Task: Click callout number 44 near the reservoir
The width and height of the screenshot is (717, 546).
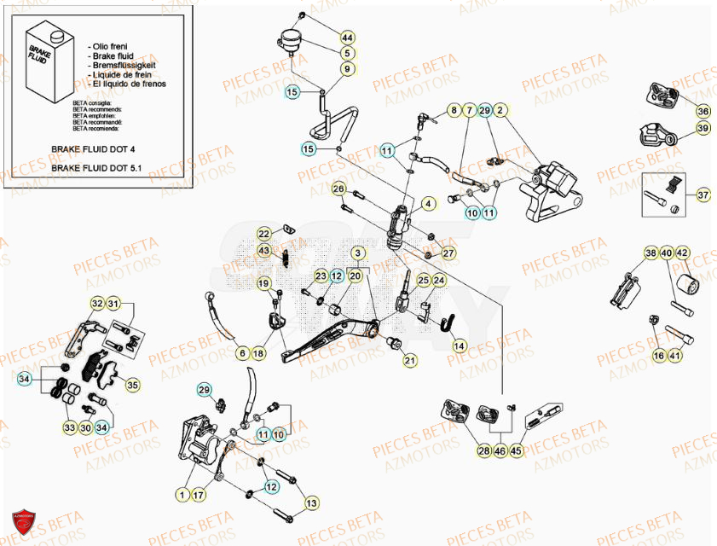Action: click(347, 38)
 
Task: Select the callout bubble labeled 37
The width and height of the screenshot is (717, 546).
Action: click(703, 195)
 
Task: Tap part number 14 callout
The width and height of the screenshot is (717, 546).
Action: click(460, 346)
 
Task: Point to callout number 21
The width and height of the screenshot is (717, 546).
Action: click(410, 361)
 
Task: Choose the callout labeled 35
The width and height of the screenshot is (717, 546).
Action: click(132, 386)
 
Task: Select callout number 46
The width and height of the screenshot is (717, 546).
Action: click(500, 451)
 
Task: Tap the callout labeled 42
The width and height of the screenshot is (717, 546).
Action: click(683, 253)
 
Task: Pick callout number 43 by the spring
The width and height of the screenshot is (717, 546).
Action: click(264, 250)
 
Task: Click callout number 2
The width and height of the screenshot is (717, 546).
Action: click(500, 110)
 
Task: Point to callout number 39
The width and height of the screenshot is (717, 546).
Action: click(703, 128)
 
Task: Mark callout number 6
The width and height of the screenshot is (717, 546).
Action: click(243, 353)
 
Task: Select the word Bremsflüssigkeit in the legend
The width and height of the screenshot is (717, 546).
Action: click(120, 64)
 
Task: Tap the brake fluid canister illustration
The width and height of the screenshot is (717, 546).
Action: click(50, 68)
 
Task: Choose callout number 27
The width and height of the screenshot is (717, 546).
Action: click(448, 253)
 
